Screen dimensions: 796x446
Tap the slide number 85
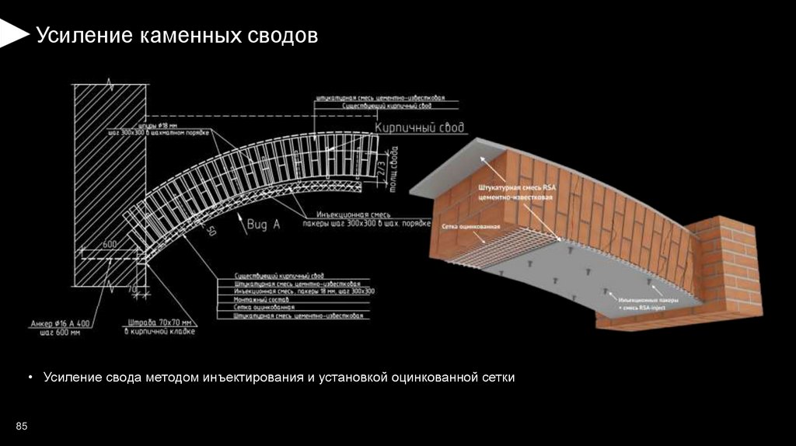coord(22,427)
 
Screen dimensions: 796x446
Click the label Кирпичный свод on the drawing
coord(420,127)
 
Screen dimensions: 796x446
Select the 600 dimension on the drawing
coord(110,245)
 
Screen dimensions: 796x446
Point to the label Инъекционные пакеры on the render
coord(650,299)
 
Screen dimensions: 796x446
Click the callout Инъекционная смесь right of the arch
coord(348,214)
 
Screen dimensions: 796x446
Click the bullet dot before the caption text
coord(31,378)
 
